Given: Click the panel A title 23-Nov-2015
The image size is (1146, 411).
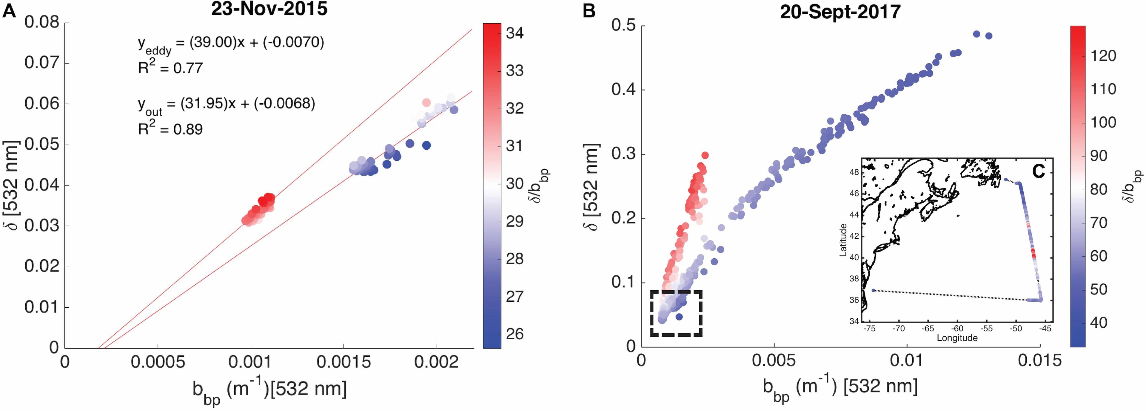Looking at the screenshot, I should coord(269,9).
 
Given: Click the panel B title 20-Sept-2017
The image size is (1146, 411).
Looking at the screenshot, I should coord(840,12).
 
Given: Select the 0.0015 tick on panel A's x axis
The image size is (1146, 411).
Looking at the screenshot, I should coord(344,362).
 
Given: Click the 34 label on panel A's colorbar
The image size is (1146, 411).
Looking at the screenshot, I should coord(515,33).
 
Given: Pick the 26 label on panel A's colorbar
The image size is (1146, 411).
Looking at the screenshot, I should coord(515,334).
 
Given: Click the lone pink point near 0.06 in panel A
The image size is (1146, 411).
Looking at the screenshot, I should coord(426,102).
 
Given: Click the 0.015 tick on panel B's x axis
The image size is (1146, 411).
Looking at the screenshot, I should coord(1040,360).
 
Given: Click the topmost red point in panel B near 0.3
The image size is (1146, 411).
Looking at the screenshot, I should coord(705,155).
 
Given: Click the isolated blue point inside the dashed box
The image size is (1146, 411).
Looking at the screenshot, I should coord(679,317).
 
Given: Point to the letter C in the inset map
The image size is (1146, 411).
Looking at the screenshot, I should coord(1038,171).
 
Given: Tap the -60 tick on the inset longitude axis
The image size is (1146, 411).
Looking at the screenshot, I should coord(957,329).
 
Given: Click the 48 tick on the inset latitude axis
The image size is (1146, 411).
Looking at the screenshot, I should coord(854,172).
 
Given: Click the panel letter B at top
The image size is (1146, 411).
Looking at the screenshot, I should coord(589,11).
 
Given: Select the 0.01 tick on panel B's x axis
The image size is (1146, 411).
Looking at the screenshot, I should coord(907,360).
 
